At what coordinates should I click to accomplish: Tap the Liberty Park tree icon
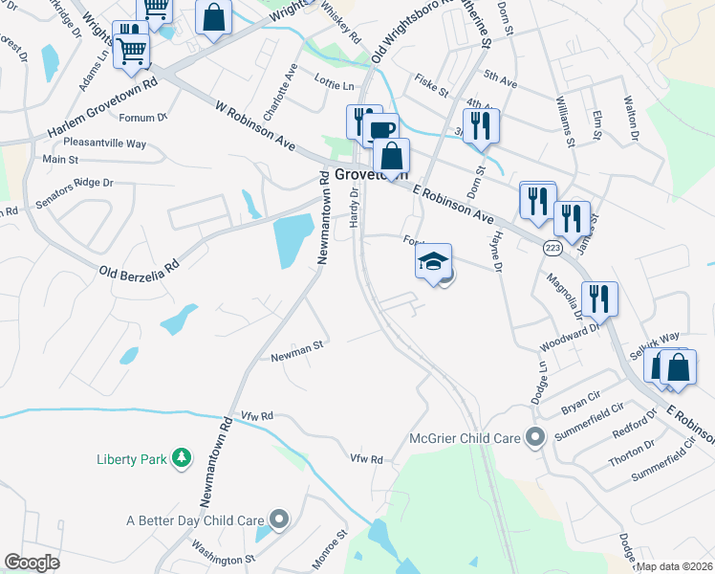[x=181, y=459]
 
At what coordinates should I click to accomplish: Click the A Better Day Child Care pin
[x=278, y=520]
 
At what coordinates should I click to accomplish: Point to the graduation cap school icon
[x=433, y=261]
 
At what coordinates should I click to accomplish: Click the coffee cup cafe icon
[x=382, y=129]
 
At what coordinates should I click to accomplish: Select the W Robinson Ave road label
[x=255, y=129]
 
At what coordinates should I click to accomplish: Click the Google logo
[x=32, y=563]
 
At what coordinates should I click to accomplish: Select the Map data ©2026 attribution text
[x=674, y=566]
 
